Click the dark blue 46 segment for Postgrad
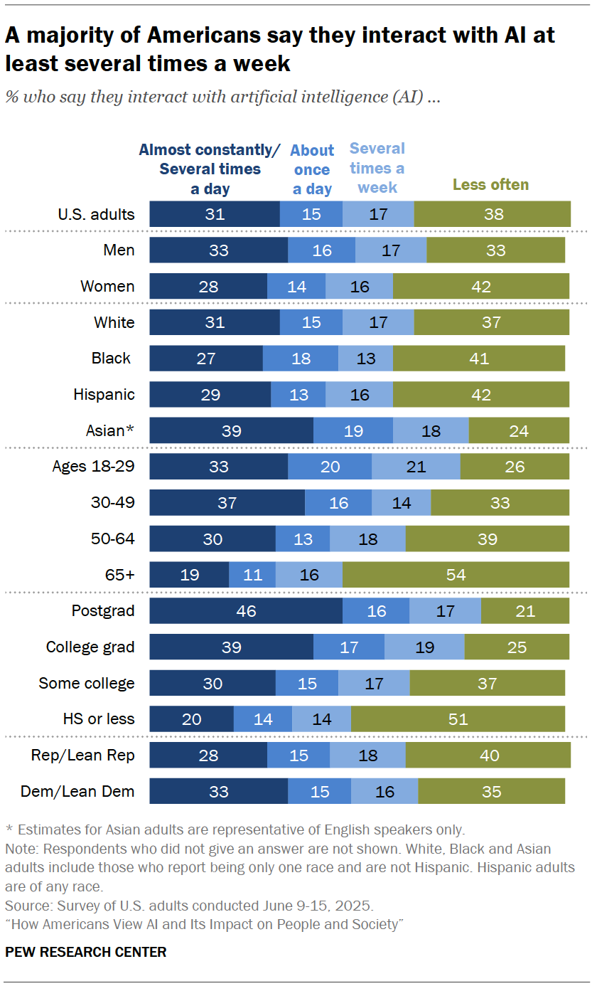[x=246, y=611]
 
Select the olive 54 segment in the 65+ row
[x=456, y=575]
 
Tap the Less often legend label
[x=490, y=185]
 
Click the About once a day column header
[x=312, y=169]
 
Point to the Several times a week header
[x=377, y=168]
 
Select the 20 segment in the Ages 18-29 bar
[x=330, y=467]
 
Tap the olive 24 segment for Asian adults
[x=519, y=430]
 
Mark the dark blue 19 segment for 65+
[x=189, y=575]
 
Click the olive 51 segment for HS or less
[x=458, y=719]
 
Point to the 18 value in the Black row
[x=301, y=358]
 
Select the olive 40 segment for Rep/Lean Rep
[x=488, y=755]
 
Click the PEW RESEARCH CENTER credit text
[x=86, y=952]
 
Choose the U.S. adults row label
[x=96, y=213]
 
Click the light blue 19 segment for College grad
[x=424, y=647]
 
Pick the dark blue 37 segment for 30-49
[x=227, y=503]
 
